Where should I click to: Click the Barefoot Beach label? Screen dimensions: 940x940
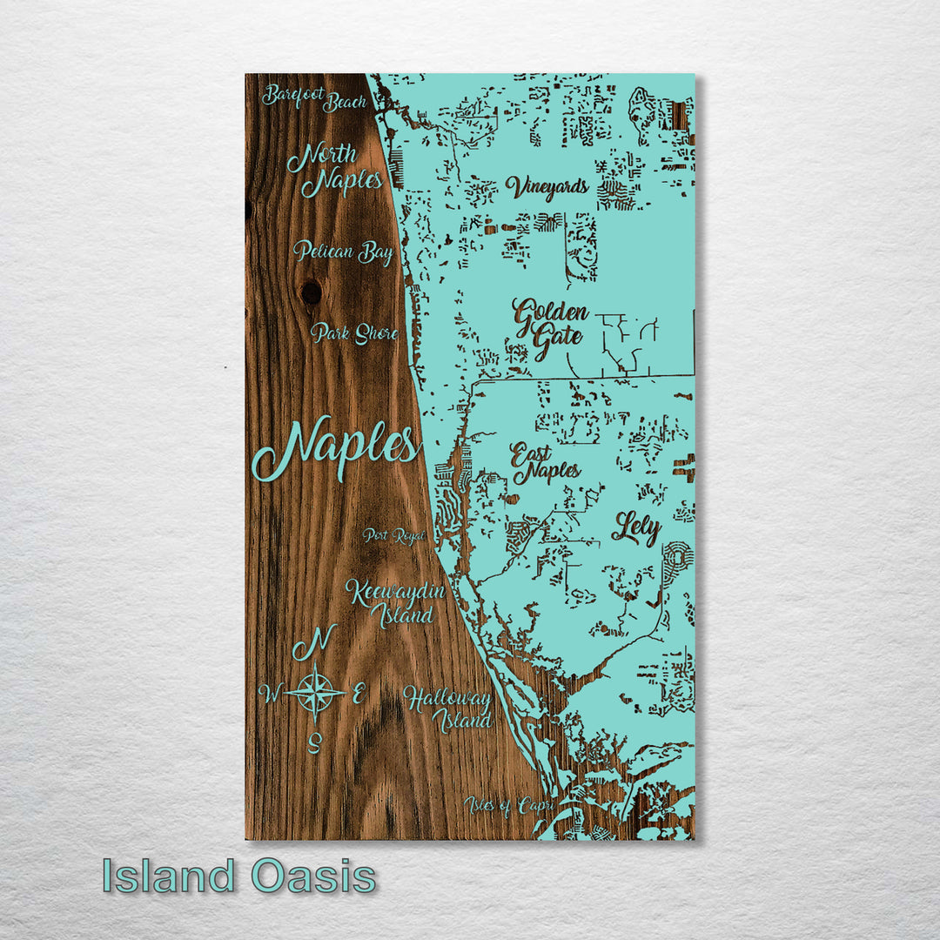coord(314,98)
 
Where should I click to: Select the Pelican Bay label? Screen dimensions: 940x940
coord(343,252)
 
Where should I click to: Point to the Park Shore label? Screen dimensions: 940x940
coord(354,333)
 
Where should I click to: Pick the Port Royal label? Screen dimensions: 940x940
coord(395,535)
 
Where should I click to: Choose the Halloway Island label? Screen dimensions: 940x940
coord(447,708)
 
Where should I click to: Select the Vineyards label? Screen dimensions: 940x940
coord(547,187)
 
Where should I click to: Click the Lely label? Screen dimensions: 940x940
coord(636,528)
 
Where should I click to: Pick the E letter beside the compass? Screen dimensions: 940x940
coord(358,694)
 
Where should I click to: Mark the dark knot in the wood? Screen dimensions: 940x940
coord(311,292)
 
